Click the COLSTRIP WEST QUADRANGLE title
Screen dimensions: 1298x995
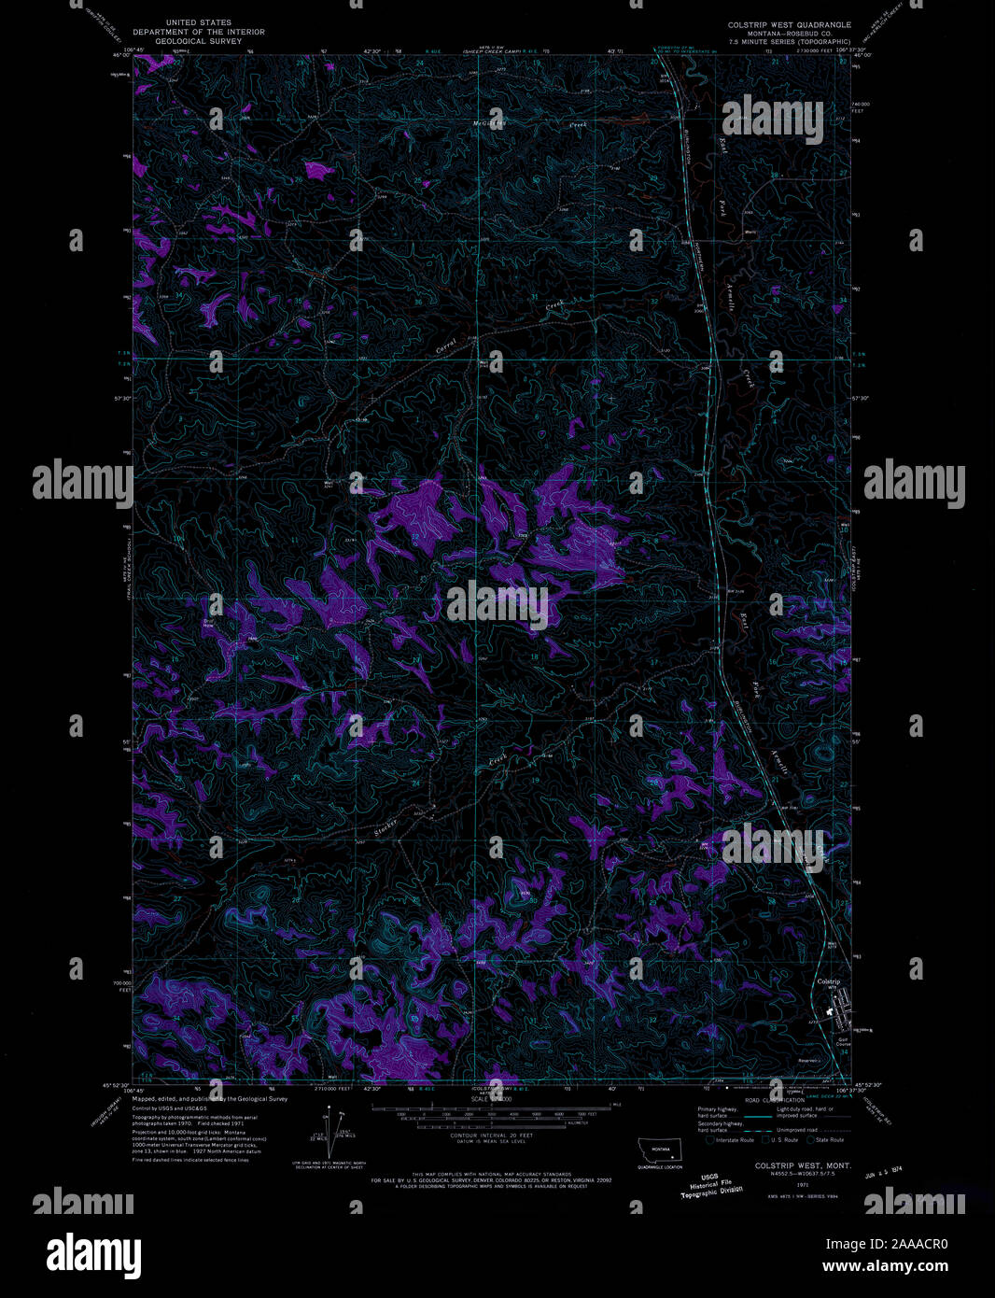pyautogui.click(x=789, y=24)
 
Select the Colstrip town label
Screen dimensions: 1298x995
pyautogui.click(x=829, y=981)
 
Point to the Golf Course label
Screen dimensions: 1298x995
pyautogui.click(x=844, y=1040)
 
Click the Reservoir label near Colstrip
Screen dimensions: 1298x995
pyautogui.click(x=808, y=1061)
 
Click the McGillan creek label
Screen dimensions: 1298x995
pyautogui.click(x=488, y=122)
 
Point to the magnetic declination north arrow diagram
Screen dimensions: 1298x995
pyautogui.click(x=327, y=1133)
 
